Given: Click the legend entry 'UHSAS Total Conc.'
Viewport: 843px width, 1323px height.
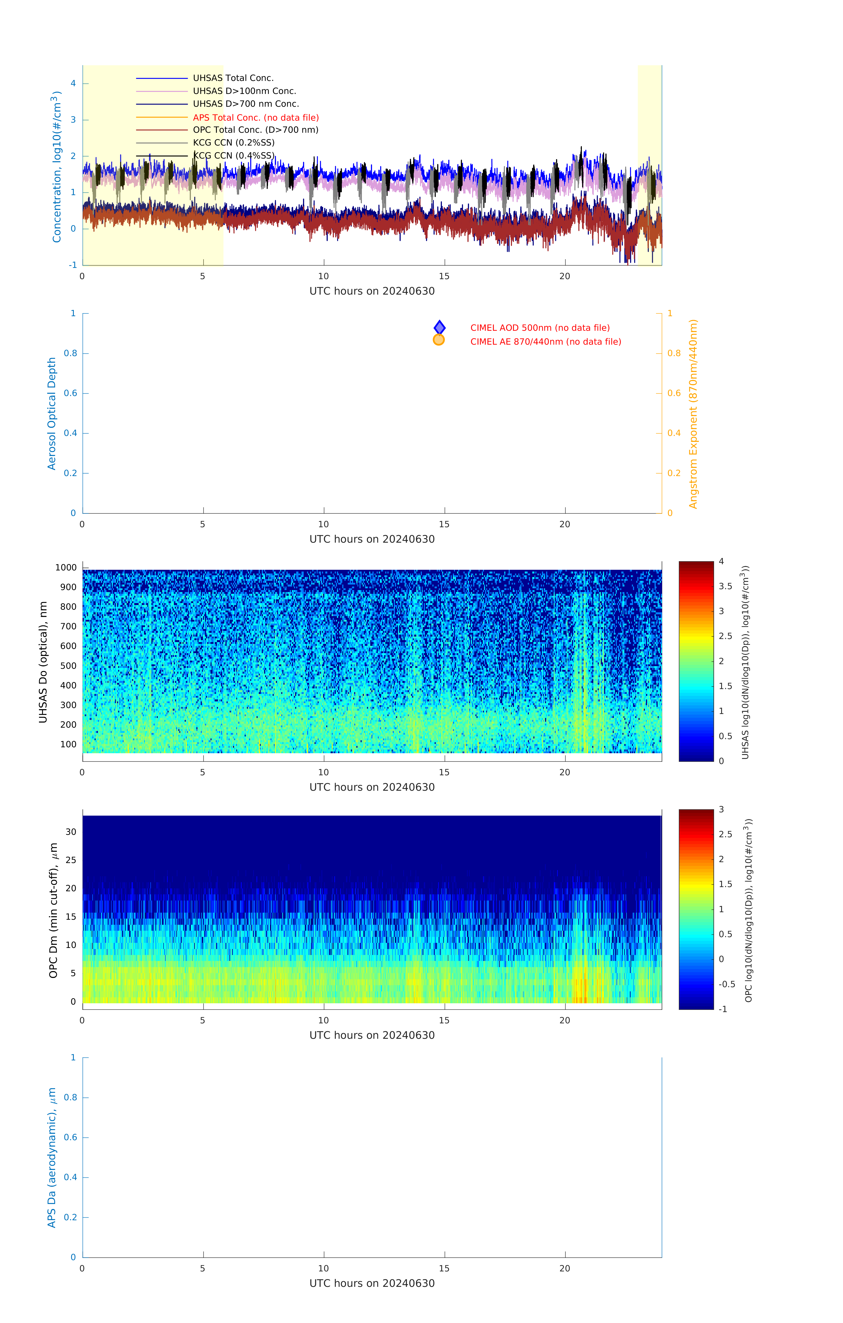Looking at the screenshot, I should click(x=233, y=78).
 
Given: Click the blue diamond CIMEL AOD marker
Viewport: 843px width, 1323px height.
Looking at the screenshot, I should click(x=439, y=327).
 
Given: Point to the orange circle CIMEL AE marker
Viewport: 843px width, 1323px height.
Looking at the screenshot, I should click(x=438, y=340).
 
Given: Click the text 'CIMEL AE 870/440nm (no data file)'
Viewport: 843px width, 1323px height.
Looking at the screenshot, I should click(x=545, y=342).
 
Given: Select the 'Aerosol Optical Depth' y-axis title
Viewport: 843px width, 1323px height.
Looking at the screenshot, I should click(x=52, y=414).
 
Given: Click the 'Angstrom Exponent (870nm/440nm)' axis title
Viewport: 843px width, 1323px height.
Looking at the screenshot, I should click(x=693, y=414).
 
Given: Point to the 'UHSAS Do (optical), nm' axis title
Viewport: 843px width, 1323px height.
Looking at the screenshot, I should click(x=43, y=662).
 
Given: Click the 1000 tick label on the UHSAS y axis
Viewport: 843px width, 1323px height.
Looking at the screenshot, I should click(x=66, y=568).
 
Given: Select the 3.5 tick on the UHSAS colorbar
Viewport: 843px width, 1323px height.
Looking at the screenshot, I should click(x=726, y=586).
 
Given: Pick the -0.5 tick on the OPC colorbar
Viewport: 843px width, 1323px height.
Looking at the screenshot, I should click(x=727, y=984).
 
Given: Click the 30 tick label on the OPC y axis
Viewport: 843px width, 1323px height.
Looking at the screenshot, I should click(x=71, y=832).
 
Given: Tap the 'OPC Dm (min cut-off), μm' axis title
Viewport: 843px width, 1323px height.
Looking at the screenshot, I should click(x=53, y=910).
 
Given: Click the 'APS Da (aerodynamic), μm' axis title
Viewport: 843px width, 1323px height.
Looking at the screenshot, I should click(x=52, y=1158).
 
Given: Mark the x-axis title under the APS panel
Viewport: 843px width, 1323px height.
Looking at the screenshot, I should click(x=372, y=1284).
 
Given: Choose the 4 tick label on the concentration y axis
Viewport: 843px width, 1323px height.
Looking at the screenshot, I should click(x=73, y=84).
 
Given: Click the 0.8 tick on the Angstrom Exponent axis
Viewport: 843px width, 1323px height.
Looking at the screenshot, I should click(x=674, y=353).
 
